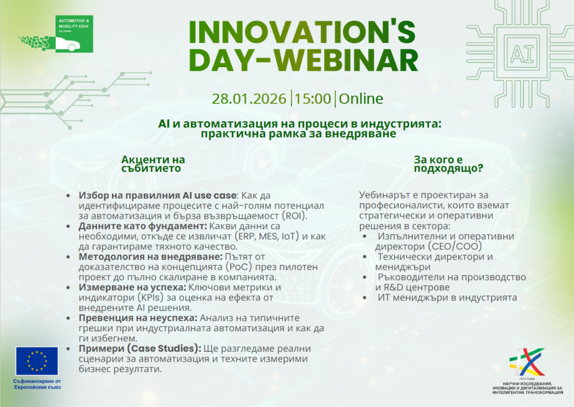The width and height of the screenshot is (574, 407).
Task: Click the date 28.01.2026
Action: (x=249, y=99)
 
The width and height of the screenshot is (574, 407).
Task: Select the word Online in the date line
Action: (x=361, y=99)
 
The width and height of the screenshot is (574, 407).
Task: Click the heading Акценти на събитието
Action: (x=153, y=164)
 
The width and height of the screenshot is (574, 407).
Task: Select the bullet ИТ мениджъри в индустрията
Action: (x=447, y=297)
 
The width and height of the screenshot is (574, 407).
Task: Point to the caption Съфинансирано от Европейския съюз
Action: (x=37, y=384)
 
